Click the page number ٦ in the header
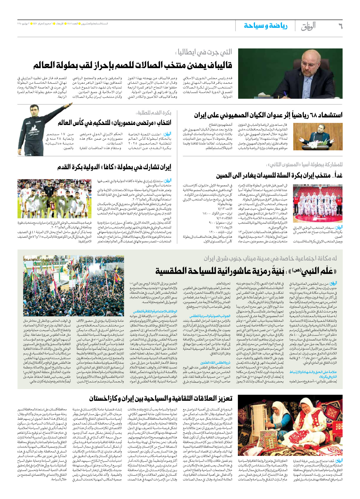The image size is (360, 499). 340,26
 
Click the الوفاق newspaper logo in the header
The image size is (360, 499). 308,26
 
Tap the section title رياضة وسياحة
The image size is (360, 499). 266,26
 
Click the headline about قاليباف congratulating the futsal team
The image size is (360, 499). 132,65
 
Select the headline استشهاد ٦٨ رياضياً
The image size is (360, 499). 268,115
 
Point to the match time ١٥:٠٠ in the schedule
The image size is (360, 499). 208,214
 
